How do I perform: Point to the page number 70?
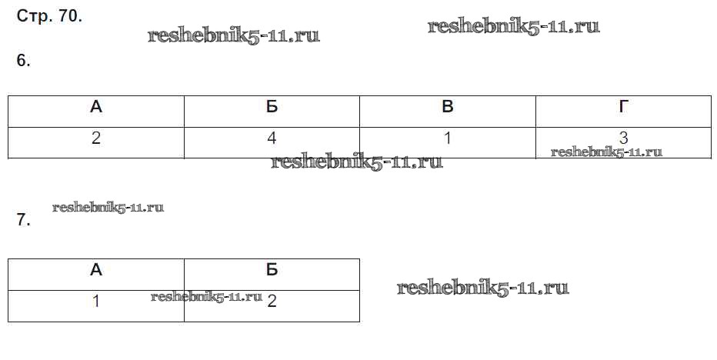[x=71, y=16]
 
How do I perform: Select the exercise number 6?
[x=23, y=60]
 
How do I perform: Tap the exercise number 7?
[x=23, y=220]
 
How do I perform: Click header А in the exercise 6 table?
[x=96, y=107]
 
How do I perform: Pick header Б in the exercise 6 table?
[x=272, y=107]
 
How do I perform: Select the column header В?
[x=448, y=107]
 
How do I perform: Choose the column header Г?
[x=623, y=107]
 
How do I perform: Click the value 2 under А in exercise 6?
[x=96, y=138]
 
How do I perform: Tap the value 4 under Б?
[x=272, y=138]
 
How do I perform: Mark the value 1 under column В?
[x=448, y=138]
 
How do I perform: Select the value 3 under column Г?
[x=623, y=137]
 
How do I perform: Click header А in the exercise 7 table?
[x=96, y=270]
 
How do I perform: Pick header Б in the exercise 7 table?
[x=272, y=270]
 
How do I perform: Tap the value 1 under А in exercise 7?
[x=96, y=301]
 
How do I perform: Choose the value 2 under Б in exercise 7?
[x=272, y=301]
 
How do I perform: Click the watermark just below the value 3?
[x=606, y=152]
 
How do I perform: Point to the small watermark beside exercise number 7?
[x=108, y=207]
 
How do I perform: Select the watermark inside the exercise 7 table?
[x=206, y=296]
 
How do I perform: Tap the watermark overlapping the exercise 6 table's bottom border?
[x=357, y=162]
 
